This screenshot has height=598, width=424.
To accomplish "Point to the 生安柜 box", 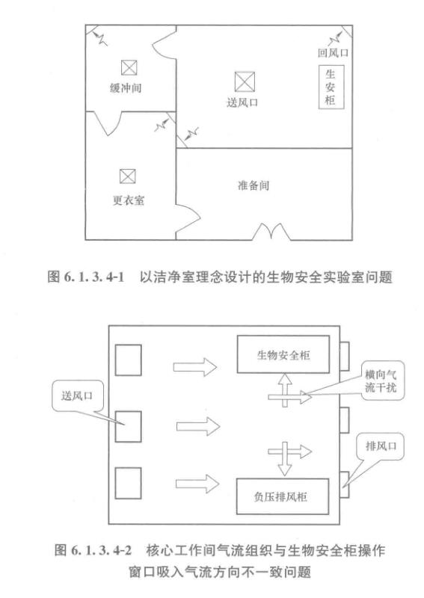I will click(330, 87).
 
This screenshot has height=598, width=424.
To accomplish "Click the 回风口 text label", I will click(334, 55).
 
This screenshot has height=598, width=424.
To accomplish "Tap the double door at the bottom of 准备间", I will click(271, 232).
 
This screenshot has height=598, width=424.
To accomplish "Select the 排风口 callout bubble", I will click(378, 448).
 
